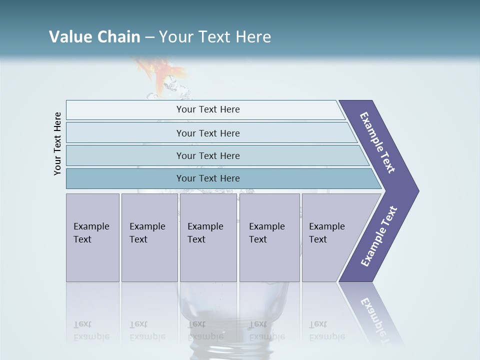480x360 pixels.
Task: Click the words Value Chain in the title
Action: click(x=94, y=37)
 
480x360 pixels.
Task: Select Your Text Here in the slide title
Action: click(x=215, y=37)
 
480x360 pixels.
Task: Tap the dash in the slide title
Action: click(x=149, y=37)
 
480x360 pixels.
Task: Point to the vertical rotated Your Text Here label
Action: click(x=57, y=144)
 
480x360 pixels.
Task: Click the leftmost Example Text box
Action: click(x=92, y=237)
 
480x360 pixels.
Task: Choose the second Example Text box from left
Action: click(x=149, y=237)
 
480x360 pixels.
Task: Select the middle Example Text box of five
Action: click(x=207, y=237)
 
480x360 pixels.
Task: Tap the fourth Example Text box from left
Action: click(x=269, y=237)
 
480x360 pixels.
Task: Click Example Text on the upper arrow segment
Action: click(x=378, y=142)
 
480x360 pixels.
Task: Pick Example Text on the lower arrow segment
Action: click(x=379, y=236)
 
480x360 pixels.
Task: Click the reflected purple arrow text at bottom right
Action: click(x=375, y=315)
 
